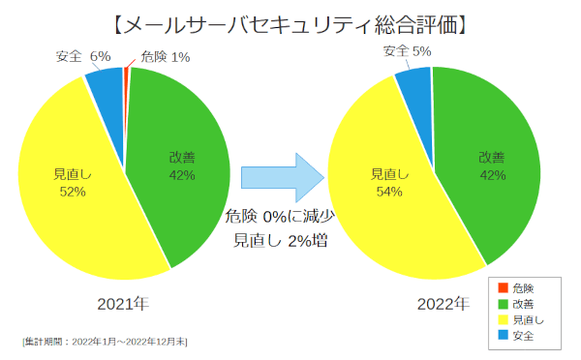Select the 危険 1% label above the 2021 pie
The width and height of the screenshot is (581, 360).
(x=165, y=57)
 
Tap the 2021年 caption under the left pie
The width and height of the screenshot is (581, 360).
(x=124, y=304)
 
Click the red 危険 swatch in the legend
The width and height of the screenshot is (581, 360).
(x=503, y=288)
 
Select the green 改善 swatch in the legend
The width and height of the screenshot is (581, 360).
(x=503, y=304)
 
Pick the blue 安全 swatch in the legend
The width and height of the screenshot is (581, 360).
(x=503, y=336)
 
